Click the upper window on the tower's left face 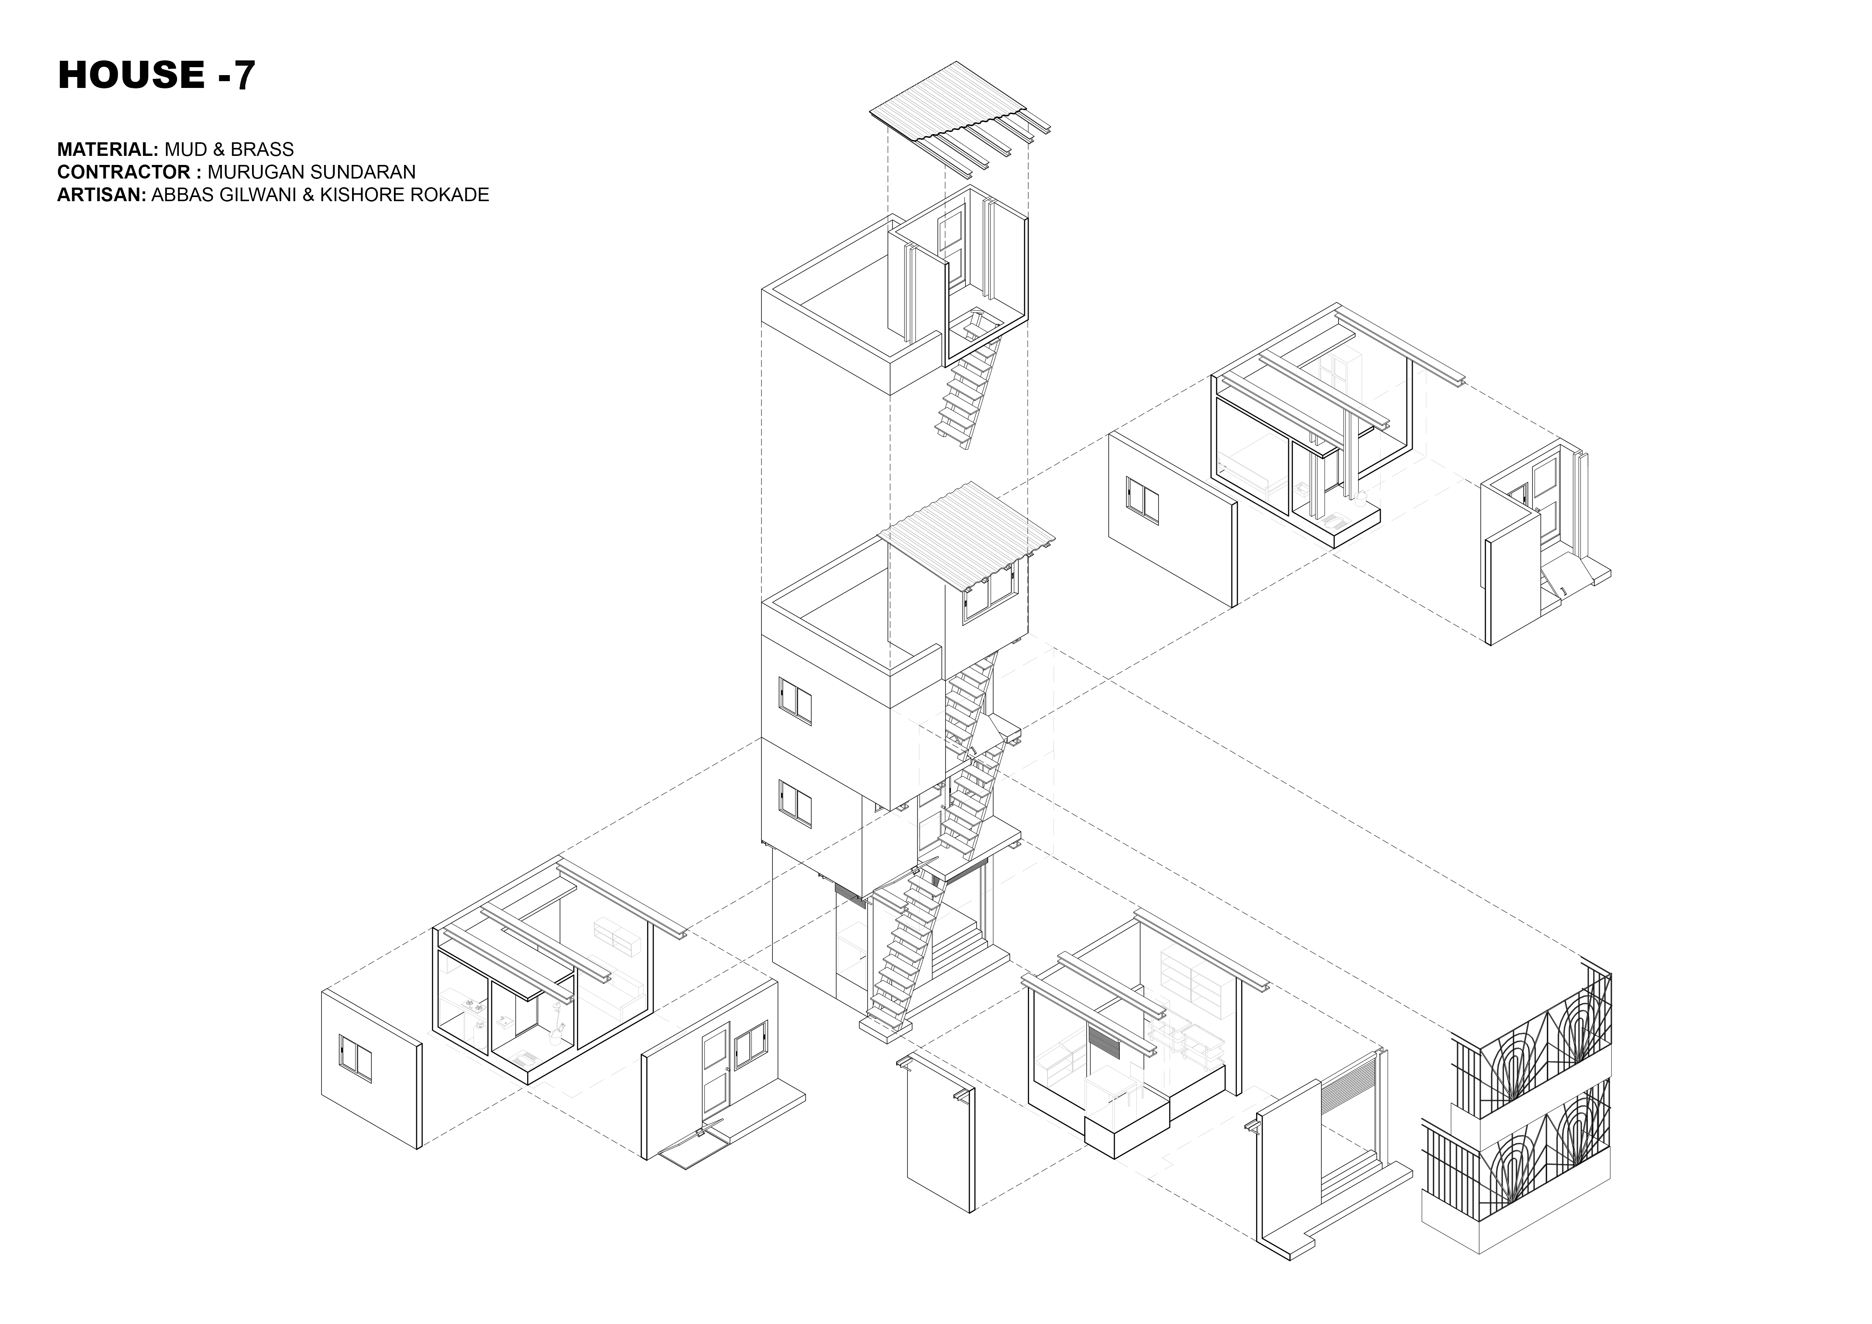[795, 701]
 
